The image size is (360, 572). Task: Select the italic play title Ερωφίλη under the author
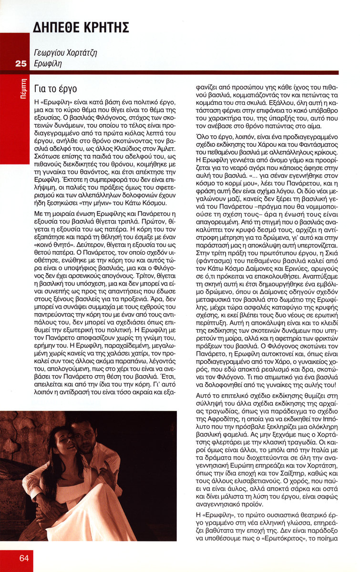pos(48,63)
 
